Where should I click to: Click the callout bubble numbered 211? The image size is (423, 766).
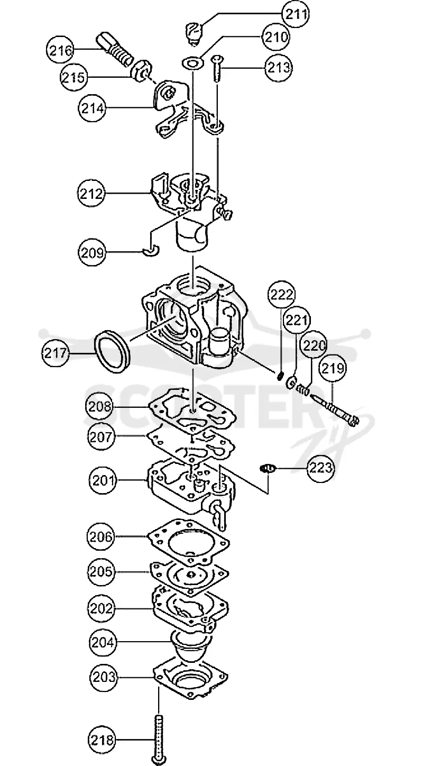[295, 14]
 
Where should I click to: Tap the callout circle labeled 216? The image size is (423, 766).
[60, 50]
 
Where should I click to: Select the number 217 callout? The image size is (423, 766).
[56, 352]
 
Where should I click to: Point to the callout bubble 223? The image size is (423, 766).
[320, 468]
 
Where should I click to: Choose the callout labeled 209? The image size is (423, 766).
[92, 253]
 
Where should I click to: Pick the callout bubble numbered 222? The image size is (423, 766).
[281, 295]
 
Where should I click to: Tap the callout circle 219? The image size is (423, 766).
[333, 368]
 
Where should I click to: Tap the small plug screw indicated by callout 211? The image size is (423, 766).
[195, 33]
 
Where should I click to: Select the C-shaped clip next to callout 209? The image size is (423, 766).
[151, 251]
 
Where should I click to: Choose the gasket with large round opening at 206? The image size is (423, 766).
[188, 543]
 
